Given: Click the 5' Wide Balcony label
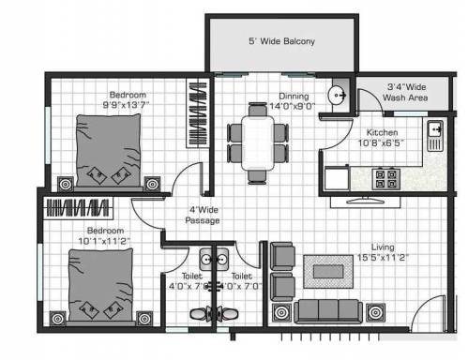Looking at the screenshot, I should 281,42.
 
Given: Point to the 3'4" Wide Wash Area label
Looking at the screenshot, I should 407,92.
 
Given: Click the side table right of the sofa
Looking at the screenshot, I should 376,310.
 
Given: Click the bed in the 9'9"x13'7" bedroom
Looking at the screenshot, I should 104,147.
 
